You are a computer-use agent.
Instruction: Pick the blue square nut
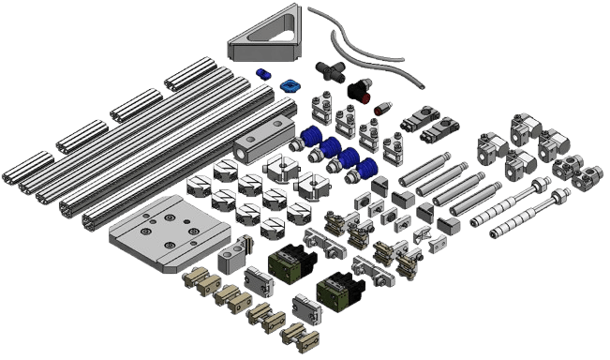[290, 85]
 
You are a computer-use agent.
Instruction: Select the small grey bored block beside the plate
[231, 254]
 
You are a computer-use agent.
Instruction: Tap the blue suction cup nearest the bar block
[308, 141]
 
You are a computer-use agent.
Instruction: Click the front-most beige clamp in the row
[299, 337]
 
